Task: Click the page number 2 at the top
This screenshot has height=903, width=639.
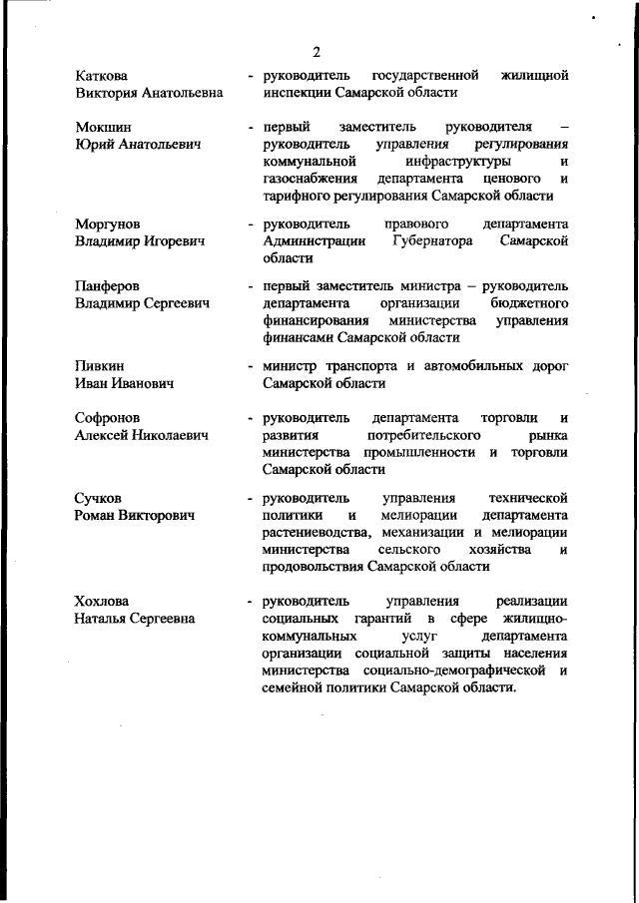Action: coord(316,52)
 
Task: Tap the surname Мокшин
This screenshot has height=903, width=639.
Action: coord(103,128)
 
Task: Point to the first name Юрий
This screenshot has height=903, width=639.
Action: coord(95,145)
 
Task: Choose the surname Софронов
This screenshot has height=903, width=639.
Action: coord(108,418)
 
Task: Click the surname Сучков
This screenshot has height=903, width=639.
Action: coord(100,498)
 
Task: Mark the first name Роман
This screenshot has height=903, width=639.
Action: coord(97,516)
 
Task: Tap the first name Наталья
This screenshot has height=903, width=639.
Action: coord(104,620)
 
